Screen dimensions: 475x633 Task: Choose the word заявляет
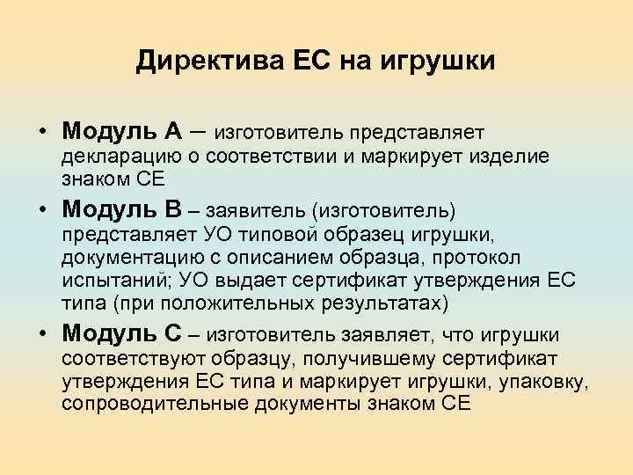(x=379, y=335)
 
